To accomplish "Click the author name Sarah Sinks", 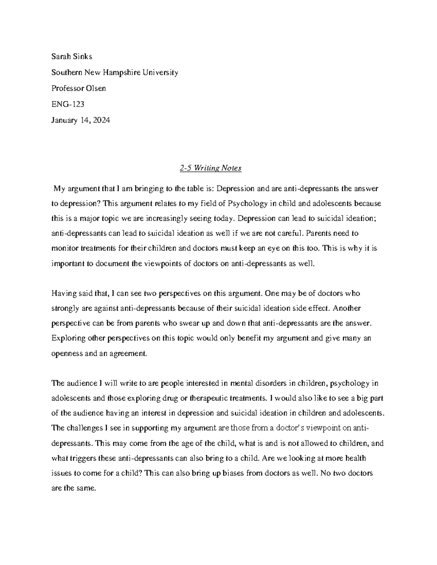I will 72,56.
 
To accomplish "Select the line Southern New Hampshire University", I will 115,72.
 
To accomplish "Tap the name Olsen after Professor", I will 95,88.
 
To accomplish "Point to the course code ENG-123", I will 68,104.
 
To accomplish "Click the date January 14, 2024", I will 80,120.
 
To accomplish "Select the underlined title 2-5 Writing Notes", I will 210,168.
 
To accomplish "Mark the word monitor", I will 64,248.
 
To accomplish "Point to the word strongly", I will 65,309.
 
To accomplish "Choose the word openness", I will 67,353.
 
